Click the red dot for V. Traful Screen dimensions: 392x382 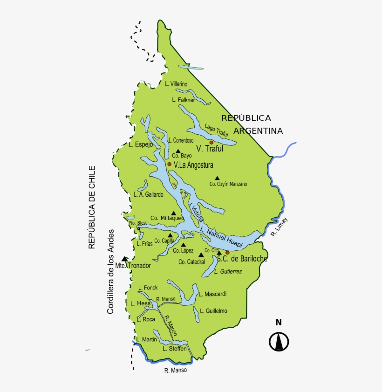coord(211,142)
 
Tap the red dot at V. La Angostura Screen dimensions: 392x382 coord(170,164)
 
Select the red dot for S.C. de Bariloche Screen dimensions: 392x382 coord(227,253)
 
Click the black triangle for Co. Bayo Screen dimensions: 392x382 coord(177,151)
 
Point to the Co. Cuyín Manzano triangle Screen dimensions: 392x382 coord(217,178)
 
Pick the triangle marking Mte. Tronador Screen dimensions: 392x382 coord(124,259)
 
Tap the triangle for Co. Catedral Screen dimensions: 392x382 coord(201,254)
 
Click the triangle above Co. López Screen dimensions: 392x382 coord(183,245)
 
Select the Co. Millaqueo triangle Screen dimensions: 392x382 coord(174,213)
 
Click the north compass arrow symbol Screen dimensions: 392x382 coord(279,342)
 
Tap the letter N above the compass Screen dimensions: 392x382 coord(279,322)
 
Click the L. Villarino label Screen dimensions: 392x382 coord(176,84)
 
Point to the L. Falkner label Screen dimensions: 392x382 coord(183,100)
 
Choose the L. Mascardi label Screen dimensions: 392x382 coord(212,294)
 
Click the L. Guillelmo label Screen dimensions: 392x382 coord(213,310)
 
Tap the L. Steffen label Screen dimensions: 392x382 coord(175,348)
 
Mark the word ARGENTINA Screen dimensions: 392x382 coord(258,131)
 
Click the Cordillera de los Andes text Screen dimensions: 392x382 coord(111,271)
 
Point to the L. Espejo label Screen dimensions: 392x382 coord(141,144)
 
